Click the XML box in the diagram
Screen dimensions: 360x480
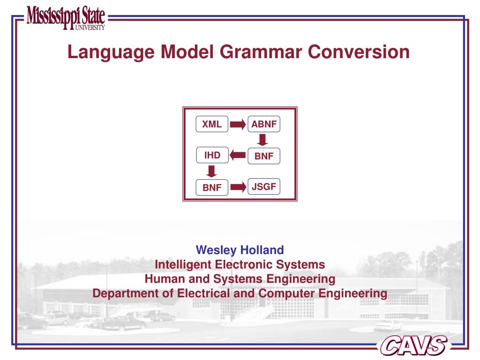pyautogui.click(x=212, y=124)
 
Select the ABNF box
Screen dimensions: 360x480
pyautogui.click(x=264, y=124)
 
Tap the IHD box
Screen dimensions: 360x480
pyautogui.click(x=212, y=155)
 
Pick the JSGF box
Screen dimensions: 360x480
pyautogui.click(x=264, y=187)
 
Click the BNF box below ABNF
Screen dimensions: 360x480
pyautogui.click(x=264, y=156)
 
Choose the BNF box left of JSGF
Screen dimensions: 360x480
pyautogui.click(x=212, y=187)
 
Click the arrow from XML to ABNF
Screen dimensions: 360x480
pyautogui.click(x=238, y=125)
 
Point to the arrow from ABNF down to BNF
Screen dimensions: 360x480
pyautogui.click(x=263, y=140)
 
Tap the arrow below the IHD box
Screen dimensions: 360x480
pyautogui.click(x=212, y=171)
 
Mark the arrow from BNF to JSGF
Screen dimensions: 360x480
pyautogui.click(x=238, y=187)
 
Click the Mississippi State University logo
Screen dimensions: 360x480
pyautogui.click(x=66, y=18)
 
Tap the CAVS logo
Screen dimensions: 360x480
pyautogui.click(x=412, y=345)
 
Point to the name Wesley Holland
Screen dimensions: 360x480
pyautogui.click(x=240, y=249)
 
